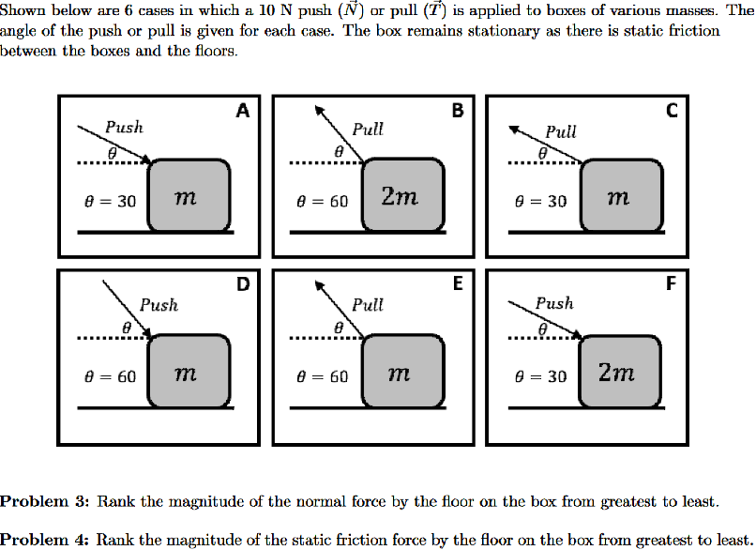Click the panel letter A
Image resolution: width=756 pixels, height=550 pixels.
(243, 111)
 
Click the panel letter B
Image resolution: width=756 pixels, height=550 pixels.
(457, 111)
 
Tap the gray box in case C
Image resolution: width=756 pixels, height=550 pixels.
(618, 195)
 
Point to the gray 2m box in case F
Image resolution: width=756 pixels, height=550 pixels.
(618, 373)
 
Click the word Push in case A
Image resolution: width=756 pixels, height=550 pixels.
(124, 127)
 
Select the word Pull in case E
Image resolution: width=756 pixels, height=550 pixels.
(368, 305)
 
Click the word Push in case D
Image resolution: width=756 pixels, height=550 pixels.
(159, 305)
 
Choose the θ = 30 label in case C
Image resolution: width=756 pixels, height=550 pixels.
(540, 201)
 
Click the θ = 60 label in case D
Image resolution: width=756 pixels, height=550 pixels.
(110, 376)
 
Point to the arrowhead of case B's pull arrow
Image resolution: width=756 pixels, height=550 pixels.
(317, 108)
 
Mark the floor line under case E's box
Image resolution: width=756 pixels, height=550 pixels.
(370, 408)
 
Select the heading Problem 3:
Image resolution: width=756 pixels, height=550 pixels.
(44, 501)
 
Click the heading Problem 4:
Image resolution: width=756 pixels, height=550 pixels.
(44, 540)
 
